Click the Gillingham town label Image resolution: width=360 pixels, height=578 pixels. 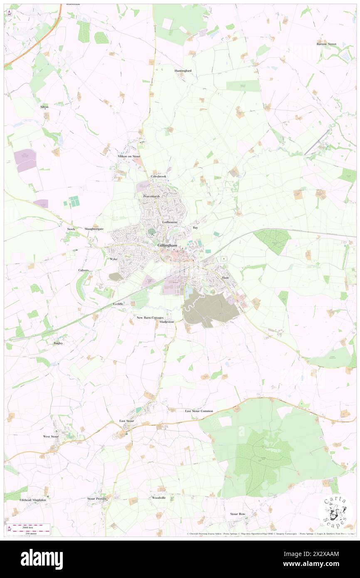[x=168, y=246]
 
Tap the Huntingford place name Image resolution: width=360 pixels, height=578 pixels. [x=183, y=71]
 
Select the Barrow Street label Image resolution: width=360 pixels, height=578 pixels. [x=326, y=44]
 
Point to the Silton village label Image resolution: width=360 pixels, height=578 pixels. [x=44, y=107]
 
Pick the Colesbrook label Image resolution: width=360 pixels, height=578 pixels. [x=158, y=176]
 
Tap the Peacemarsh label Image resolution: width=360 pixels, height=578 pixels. [x=151, y=196]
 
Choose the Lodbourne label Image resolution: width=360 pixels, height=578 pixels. [x=170, y=222]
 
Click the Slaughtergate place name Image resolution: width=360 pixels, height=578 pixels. [x=94, y=229]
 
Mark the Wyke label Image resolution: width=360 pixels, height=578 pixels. [x=113, y=259]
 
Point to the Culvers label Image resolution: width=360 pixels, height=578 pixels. [x=84, y=270]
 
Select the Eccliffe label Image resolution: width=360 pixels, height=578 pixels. [x=118, y=304]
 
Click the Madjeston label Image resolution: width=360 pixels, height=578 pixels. [x=167, y=322]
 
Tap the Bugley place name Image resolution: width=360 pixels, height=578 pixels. [x=58, y=343]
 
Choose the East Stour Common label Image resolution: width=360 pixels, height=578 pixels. [x=199, y=411]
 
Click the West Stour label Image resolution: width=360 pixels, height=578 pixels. [x=51, y=437]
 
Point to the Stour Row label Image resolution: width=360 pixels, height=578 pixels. [x=238, y=514]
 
